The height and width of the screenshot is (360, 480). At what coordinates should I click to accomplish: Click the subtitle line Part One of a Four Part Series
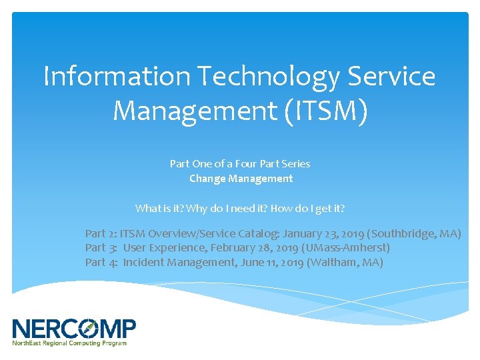click(240, 163)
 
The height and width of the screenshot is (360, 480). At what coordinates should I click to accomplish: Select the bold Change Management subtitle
click(241, 178)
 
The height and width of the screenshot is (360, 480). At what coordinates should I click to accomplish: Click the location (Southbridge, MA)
click(414, 233)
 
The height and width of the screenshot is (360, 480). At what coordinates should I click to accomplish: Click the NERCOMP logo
click(74, 329)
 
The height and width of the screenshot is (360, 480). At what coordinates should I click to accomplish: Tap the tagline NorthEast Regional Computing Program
click(69, 343)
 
